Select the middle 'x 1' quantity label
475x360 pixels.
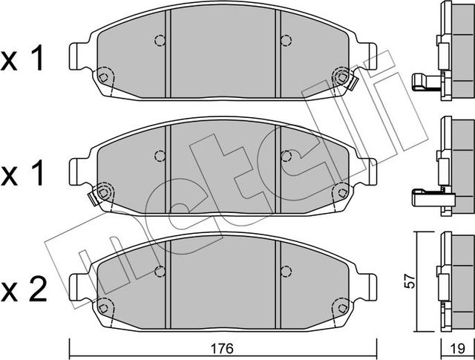pos(24,176)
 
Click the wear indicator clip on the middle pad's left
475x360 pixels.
pos(95,195)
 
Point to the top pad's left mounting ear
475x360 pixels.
pos(79,56)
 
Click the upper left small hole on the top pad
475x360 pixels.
pos(158,41)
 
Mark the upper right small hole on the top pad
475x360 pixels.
pos(286,41)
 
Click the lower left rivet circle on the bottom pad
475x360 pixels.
pos(105,307)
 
